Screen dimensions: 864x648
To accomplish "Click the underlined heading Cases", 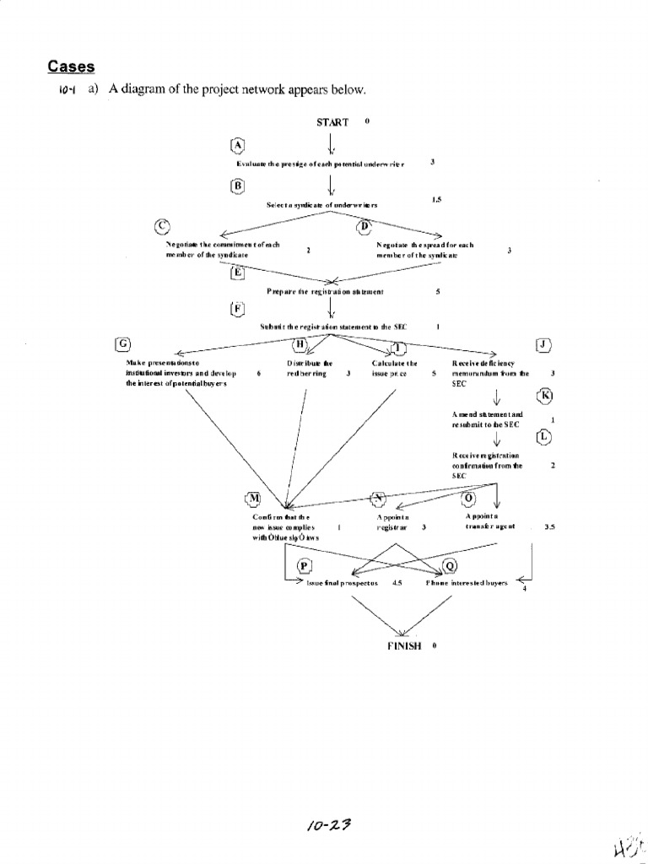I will tap(70, 67).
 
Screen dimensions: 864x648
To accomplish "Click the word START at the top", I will tap(332, 122).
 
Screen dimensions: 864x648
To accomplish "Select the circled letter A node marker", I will tap(237, 145).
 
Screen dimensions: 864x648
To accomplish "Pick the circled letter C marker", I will tap(162, 225).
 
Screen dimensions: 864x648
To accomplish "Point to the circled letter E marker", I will tap(237, 272).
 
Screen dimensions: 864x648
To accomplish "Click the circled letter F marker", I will tap(237, 308).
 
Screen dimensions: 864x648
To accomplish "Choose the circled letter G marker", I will tap(123, 343).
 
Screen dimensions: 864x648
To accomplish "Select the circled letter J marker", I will tap(543, 344).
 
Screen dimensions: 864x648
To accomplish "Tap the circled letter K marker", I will tap(544, 395).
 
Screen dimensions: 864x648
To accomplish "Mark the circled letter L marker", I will tap(544, 436).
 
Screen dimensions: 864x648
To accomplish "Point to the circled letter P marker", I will tap(304, 564).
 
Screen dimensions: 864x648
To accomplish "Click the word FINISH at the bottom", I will tap(404, 646).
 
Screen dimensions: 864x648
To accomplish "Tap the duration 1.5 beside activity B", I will tap(436, 200).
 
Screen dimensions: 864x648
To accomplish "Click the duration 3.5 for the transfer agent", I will tap(549, 526).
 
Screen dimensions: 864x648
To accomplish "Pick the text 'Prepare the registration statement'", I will tap(325, 292).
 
